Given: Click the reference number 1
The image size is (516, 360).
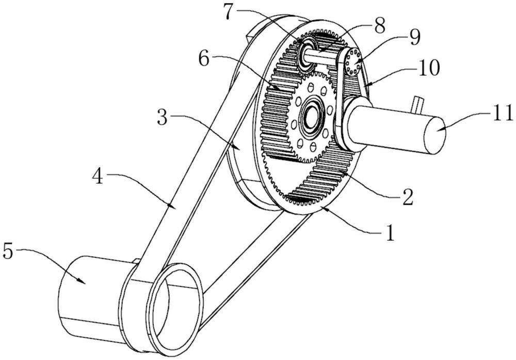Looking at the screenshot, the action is point(390,233).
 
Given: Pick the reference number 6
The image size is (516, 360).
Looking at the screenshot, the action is point(204,59).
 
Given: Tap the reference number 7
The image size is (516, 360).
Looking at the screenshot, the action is point(230,12).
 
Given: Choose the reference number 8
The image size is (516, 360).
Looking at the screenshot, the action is point(379,25).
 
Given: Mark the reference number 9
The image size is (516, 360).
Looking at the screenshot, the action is point(415,37).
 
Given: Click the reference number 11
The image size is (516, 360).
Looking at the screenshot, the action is point(502,113).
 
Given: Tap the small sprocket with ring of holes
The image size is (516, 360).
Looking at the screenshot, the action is point(353,62).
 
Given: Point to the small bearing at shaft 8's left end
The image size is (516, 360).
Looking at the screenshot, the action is point(306,53).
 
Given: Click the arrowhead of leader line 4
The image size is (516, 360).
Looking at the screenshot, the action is point(172,206).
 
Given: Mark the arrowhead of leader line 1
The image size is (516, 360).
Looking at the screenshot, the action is point(326,208).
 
